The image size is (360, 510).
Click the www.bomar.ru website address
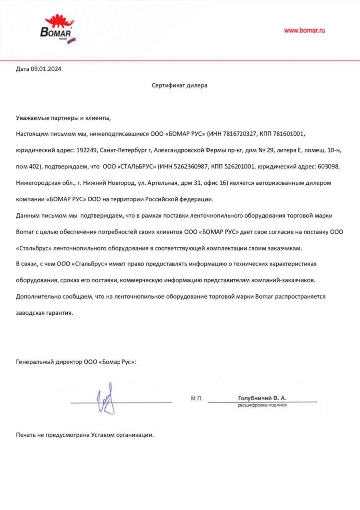tap(304, 30)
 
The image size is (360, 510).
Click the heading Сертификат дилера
tap(179, 85)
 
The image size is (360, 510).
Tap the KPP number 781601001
tap(286, 134)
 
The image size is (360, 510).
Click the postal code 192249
tap(85, 149)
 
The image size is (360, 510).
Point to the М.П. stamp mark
tap(196, 399)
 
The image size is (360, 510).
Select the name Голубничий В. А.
tap(262, 398)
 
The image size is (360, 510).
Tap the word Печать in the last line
tap(27, 435)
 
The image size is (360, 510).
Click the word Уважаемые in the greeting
tap(33, 118)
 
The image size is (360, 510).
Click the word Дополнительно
tap(37, 297)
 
